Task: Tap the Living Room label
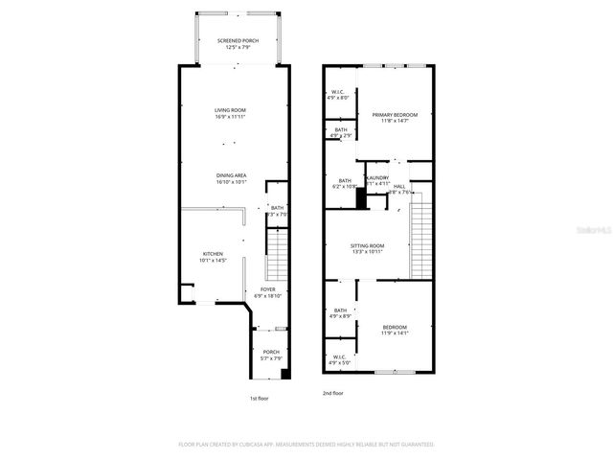pyautogui.click(x=230, y=110)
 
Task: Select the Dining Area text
pyautogui.click(x=232, y=175)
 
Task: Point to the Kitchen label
pyautogui.click(x=212, y=254)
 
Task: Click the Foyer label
pyautogui.click(x=268, y=288)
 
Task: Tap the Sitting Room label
pyautogui.click(x=367, y=246)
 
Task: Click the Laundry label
pyautogui.click(x=377, y=177)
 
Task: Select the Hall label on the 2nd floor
pyautogui.click(x=399, y=186)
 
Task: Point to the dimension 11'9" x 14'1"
pyautogui.click(x=395, y=333)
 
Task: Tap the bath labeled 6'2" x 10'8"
pyautogui.click(x=345, y=181)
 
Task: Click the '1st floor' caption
pyautogui.click(x=260, y=397)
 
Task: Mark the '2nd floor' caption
pyautogui.click(x=333, y=392)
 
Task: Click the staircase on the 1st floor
pyautogui.click(x=276, y=255)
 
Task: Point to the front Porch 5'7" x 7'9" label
pyautogui.click(x=271, y=353)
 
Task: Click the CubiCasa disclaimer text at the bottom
pyautogui.click(x=306, y=445)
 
